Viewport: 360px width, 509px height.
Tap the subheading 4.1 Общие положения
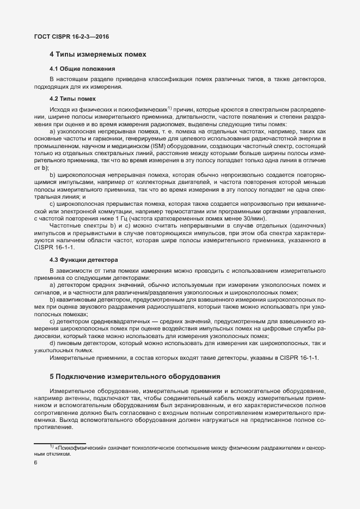click(x=82, y=69)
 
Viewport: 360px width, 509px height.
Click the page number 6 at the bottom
click(x=35, y=463)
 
